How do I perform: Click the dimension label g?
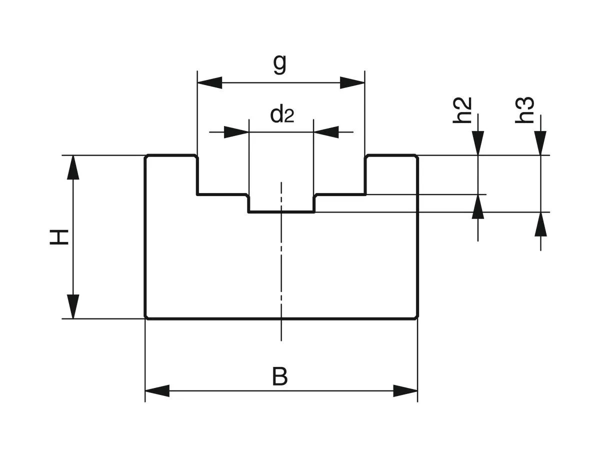point(280,64)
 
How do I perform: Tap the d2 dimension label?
point(282,114)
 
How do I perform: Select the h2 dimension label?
point(464,110)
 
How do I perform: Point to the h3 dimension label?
point(526,110)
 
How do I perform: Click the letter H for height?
point(59,237)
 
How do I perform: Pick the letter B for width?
point(280,377)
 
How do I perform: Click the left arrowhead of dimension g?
point(209,82)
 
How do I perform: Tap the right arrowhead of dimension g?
point(352,82)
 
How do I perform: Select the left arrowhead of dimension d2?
point(236,132)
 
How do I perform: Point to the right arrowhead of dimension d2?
point(326,132)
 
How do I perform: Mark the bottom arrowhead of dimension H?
point(73,306)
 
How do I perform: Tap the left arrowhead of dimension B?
point(157,391)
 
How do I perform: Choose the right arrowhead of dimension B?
point(405,391)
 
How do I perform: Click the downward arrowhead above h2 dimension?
point(478,143)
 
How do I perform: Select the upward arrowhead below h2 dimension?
point(478,206)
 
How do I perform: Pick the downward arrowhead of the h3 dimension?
point(540,143)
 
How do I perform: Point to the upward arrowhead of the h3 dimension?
point(540,224)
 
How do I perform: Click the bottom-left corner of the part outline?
point(145,317)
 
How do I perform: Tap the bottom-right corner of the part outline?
point(417,317)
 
